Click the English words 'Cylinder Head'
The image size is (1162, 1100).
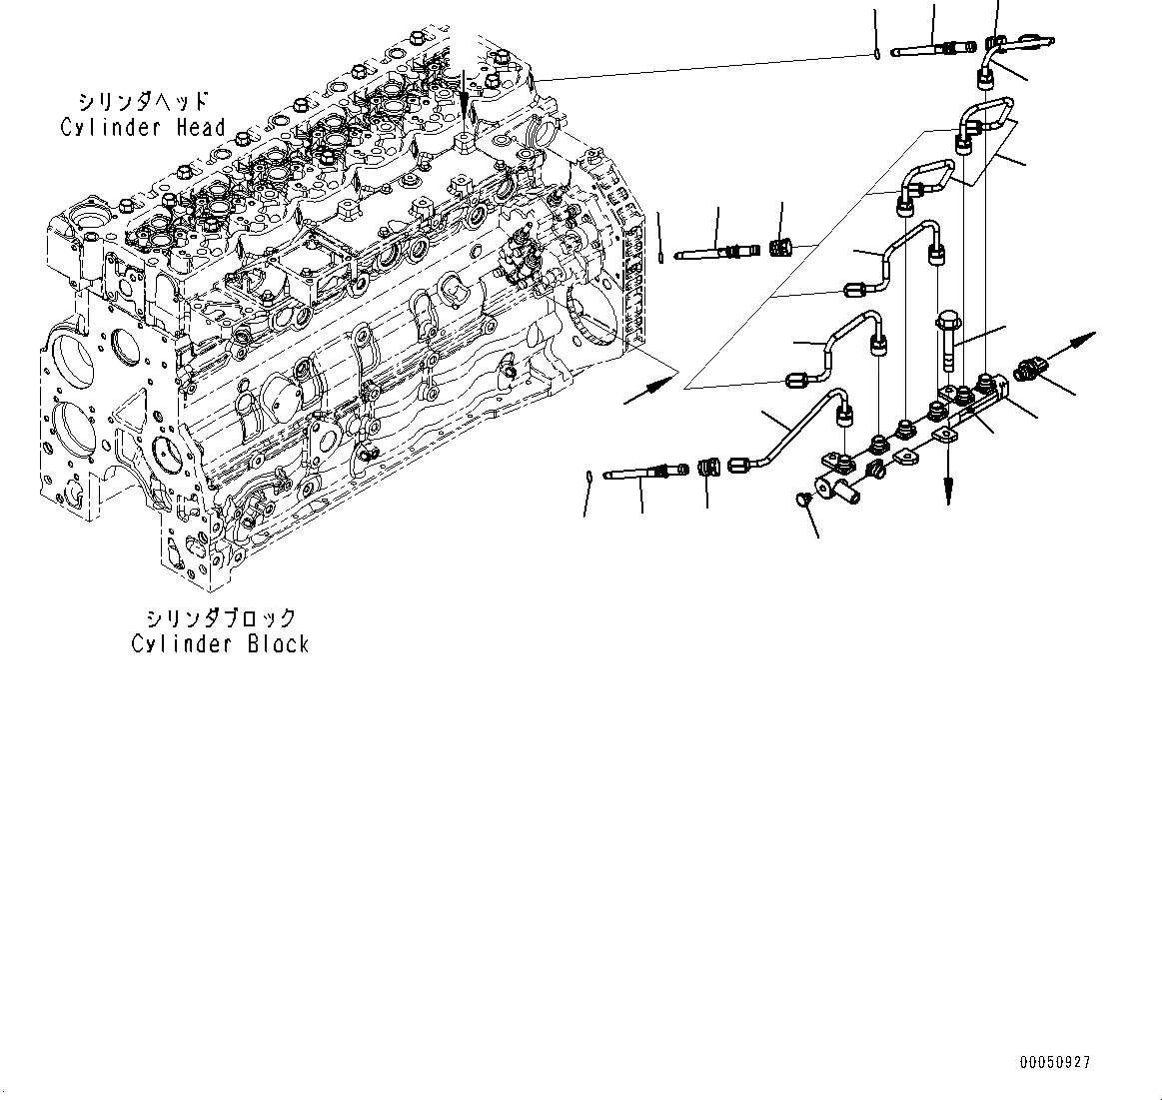tap(143, 128)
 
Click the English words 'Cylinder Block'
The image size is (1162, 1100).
tap(221, 644)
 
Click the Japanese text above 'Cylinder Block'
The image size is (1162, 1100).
tap(221, 617)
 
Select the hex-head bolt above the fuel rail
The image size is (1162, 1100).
tap(947, 340)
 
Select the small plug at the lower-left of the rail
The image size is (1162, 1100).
tap(801, 499)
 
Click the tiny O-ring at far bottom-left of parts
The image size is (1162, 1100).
tap(591, 476)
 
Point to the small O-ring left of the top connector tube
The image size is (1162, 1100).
tap(876, 53)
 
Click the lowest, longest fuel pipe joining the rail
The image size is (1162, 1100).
tap(789, 430)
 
